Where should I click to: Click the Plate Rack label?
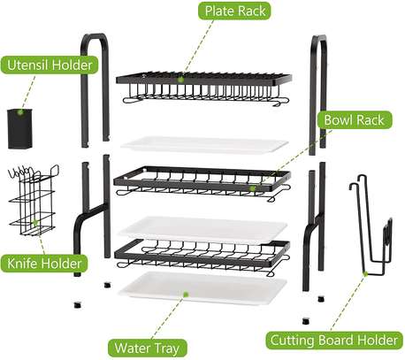pos(234,11)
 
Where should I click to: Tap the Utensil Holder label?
pos(50,65)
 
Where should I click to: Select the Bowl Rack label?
pos(355,119)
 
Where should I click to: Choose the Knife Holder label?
pos(44,264)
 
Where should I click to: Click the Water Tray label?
pos(148,348)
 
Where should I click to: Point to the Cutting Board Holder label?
pos(334,341)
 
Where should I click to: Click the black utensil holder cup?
pos(19,128)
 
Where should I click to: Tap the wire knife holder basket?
pos(34,201)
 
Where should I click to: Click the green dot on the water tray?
pos(186,294)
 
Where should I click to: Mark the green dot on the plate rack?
pos(181,80)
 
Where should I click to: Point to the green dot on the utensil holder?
pos(20,112)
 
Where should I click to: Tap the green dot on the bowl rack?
pos(252,188)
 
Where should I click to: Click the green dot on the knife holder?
pos(35,222)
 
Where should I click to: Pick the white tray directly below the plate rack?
pos(204,144)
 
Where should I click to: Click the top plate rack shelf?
pos(204,88)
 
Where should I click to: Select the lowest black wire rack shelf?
pos(202,257)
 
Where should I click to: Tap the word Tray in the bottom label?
pos(166,349)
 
